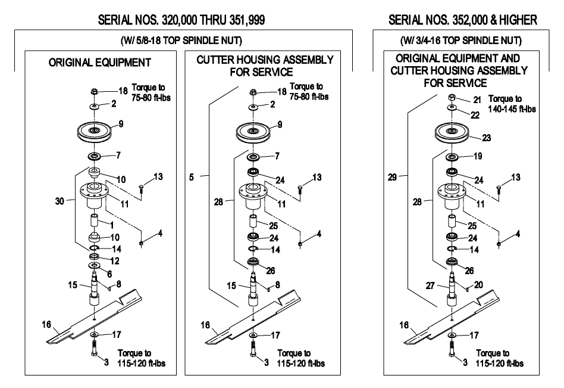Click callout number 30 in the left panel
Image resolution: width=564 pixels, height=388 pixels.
pyautogui.click(x=59, y=201)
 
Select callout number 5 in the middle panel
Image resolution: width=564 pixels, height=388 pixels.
pyautogui.click(x=192, y=177)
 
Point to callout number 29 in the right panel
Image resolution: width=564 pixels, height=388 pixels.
pyautogui.click(x=393, y=177)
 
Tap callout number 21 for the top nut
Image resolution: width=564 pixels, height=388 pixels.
pyautogui.click(x=477, y=100)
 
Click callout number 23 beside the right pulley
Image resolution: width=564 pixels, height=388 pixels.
pyautogui.click(x=486, y=138)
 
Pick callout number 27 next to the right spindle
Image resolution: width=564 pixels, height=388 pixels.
pyautogui.click(x=431, y=285)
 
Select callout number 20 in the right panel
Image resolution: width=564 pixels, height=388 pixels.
pyautogui.click(x=478, y=285)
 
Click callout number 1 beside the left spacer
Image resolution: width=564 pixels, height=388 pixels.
pyautogui.click(x=112, y=225)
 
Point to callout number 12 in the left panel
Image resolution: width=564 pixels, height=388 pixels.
pyautogui.click(x=115, y=260)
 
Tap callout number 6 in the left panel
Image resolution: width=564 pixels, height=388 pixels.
pyautogui.click(x=109, y=274)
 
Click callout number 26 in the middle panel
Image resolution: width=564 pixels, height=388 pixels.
pyautogui.click(x=271, y=271)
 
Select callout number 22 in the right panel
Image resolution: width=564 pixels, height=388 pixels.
pyautogui.click(x=475, y=115)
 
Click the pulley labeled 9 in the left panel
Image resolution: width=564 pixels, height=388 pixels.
pyautogui.click(x=95, y=132)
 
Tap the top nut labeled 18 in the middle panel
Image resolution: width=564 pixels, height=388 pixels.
pyautogui.click(x=253, y=92)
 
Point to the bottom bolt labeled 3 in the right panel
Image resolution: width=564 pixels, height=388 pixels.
pyautogui.click(x=452, y=349)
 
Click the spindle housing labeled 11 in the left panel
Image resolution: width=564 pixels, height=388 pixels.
pyautogui.click(x=95, y=194)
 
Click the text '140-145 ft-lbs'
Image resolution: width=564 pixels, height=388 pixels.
pyautogui.click(x=512, y=109)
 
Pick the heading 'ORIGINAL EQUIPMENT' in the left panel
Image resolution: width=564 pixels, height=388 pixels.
pyautogui.click(x=99, y=63)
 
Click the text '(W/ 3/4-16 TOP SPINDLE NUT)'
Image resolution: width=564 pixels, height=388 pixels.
pyautogui.click(x=460, y=41)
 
